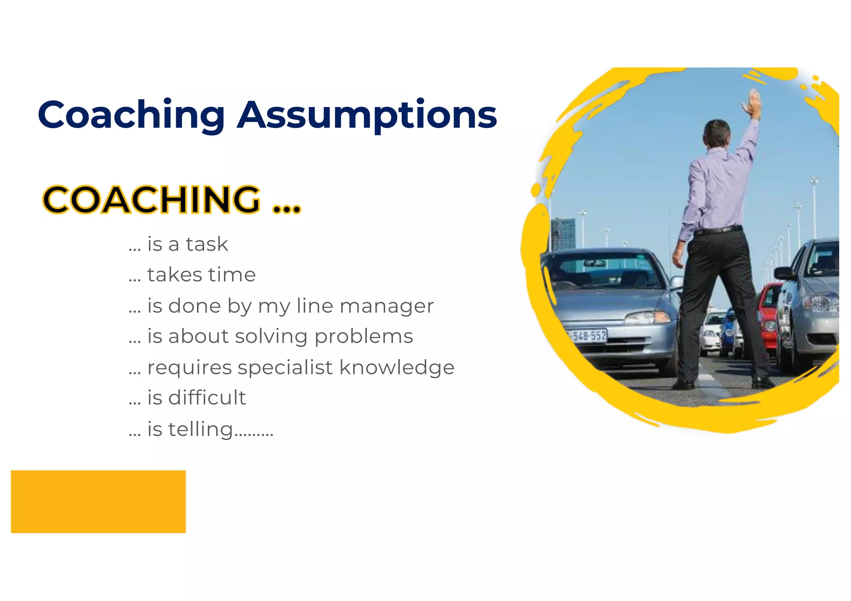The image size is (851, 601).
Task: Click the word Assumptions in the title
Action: pos(367,115)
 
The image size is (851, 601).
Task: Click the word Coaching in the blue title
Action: pos(131,115)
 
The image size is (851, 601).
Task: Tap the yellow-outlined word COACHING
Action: pos(152,200)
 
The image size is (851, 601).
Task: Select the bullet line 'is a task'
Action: pos(179,244)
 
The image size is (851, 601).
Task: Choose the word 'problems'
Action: pos(364,337)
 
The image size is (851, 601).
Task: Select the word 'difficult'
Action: pos(207,398)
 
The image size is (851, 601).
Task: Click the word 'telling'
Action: pos(200,429)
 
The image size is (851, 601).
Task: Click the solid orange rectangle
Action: pos(98,501)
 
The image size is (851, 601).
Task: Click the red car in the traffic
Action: pos(769,315)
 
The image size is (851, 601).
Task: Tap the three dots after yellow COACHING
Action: pos(287,208)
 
